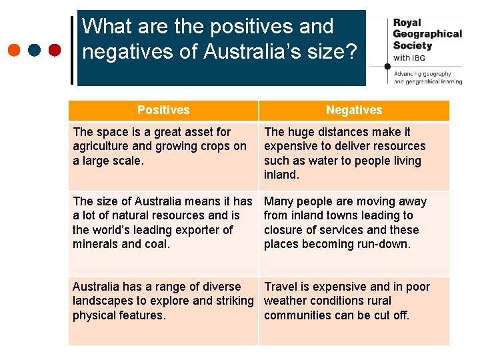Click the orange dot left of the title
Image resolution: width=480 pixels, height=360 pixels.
pos(15,50)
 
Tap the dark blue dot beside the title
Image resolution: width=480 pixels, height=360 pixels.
pos(35,50)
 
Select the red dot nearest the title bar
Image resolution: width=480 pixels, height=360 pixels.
pos(55,50)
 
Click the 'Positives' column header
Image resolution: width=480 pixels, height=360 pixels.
pos(163,110)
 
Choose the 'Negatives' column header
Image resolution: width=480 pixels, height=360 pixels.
pos(354,110)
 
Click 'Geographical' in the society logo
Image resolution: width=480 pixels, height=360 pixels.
pos(427,33)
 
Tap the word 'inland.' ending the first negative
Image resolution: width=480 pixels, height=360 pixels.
pos(282,175)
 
